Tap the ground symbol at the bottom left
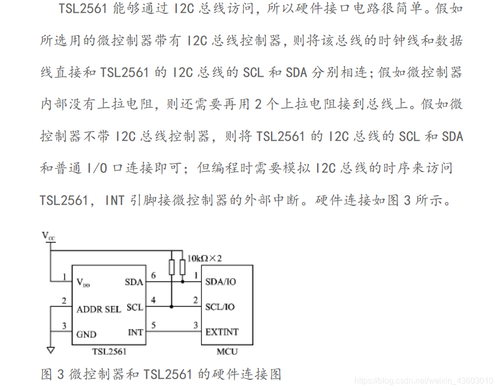click(50, 351)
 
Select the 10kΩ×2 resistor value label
click(205, 258)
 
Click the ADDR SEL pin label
click(98, 309)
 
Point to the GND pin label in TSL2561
click(86, 334)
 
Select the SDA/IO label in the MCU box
click(220, 281)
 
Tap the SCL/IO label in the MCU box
click(220, 307)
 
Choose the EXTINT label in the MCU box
click(222, 332)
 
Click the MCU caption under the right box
click(227, 352)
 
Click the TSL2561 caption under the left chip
click(108, 352)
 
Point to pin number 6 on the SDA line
click(153, 275)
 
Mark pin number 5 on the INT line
click(153, 325)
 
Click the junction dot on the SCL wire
click(172, 307)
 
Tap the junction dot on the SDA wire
click(183, 281)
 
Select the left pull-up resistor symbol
click(172, 267)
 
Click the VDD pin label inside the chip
click(83, 282)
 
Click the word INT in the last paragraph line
click(115, 200)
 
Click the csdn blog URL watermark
click(424, 381)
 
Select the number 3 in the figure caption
click(60, 375)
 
